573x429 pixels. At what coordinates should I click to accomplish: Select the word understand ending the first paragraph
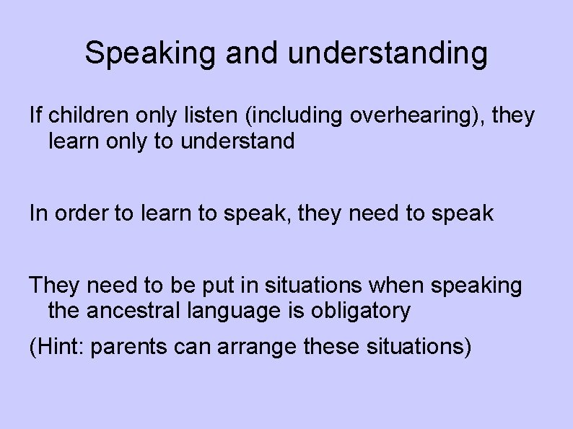pos(238,141)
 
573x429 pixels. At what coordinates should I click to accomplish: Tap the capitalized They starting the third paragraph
pos(55,286)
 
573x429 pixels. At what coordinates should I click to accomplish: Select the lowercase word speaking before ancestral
pos(476,286)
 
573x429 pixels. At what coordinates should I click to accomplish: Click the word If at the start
pos(35,115)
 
